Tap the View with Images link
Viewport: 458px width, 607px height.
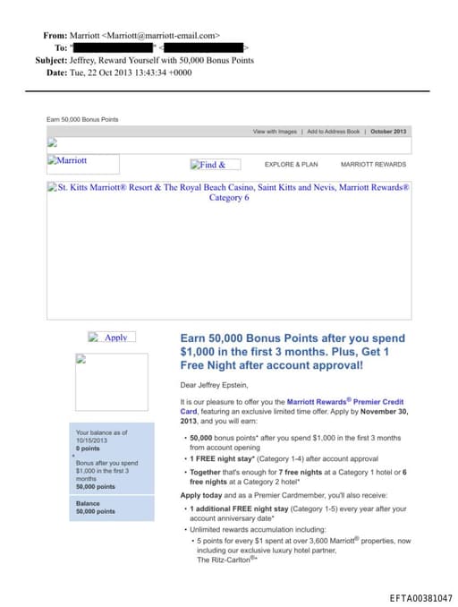click(275, 132)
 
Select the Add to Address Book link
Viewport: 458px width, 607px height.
click(333, 132)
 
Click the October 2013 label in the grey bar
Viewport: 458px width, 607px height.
click(388, 132)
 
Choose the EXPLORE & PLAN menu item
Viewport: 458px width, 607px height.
click(291, 165)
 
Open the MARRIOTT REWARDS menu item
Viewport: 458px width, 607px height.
click(373, 165)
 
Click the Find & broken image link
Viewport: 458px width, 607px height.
click(214, 165)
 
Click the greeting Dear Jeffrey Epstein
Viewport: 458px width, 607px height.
click(217, 384)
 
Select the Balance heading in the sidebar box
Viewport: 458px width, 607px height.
click(88, 503)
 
